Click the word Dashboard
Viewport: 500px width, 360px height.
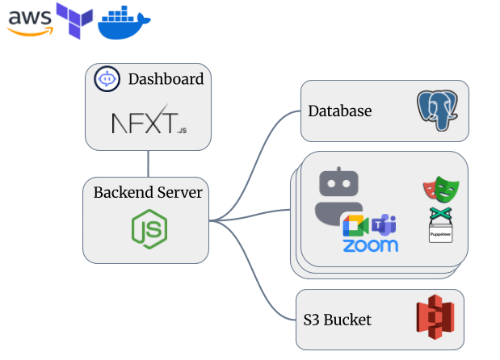166,79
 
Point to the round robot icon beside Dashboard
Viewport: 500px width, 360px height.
107,79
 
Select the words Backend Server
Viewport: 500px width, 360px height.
148,193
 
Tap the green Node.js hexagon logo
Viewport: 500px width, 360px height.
149,229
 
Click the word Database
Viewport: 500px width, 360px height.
340,111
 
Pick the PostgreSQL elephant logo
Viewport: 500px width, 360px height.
439,111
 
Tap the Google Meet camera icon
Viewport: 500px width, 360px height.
355,226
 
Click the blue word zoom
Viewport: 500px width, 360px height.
371,246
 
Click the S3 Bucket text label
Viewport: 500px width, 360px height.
338,320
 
